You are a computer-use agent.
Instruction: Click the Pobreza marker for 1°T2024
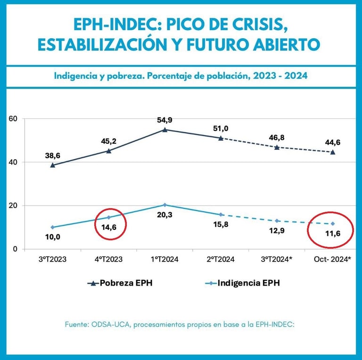coord(165,130)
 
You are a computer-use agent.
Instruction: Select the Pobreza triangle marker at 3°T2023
coord(53,165)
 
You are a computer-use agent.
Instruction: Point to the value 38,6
coord(53,155)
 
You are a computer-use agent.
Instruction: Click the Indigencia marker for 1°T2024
coord(165,205)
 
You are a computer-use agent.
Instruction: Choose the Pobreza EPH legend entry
coord(120,283)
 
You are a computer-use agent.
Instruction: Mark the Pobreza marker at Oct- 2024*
coord(333,152)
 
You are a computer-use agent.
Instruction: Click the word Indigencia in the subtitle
coord(78,75)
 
